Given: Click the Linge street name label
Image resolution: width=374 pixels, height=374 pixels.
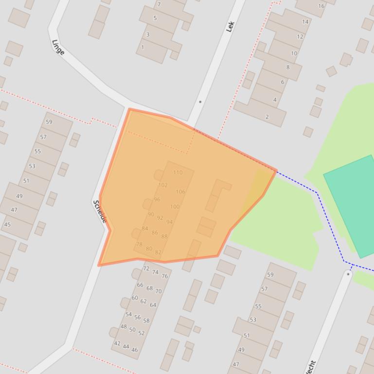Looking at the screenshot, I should point(58,47).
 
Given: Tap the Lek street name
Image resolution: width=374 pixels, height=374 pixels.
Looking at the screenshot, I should point(231,26).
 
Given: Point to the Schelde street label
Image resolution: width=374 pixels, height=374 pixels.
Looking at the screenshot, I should point(100,211).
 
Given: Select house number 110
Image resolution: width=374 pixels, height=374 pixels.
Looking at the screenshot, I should point(178,172).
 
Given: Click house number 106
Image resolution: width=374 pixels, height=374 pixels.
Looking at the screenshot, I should point(180,192).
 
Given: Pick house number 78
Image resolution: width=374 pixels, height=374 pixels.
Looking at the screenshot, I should point(139,244).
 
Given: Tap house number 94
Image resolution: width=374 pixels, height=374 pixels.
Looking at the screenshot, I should point(169,222).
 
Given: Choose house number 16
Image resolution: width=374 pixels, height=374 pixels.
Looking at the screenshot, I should point(321,6).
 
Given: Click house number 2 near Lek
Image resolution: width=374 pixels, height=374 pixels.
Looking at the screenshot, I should point(267,117).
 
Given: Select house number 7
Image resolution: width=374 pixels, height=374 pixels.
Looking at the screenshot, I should point(159,4).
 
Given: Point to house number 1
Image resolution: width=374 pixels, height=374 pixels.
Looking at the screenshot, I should point(142,48).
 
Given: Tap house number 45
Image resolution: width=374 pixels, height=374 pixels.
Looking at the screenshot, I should point(7,224).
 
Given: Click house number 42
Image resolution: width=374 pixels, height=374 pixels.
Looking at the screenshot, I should point(117,343).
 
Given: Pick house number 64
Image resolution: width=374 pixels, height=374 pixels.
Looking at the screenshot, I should point(153,305).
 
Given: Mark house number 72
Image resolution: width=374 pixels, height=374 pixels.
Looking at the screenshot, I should point(146,268).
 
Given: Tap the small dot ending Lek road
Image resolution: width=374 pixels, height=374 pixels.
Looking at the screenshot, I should point(200,102).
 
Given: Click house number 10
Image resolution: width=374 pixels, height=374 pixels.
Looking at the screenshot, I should point(294,53).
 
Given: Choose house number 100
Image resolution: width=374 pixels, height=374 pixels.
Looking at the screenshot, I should point(175,206).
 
